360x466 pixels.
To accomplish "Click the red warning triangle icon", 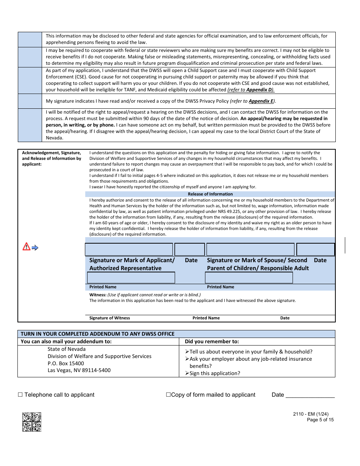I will (x=26, y=247).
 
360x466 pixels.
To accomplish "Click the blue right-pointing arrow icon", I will (x=35, y=248).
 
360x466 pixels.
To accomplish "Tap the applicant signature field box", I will (x=129, y=249).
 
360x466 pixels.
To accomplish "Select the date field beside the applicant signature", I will (x=189, y=249).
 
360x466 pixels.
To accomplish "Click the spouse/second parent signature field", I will (x=250, y=249).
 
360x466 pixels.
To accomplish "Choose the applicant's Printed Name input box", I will (x=131, y=278).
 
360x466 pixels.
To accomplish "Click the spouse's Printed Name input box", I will (x=249, y=278).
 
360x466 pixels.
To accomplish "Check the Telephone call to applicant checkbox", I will (x=20, y=395).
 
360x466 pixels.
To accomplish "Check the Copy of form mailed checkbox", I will (x=168, y=395).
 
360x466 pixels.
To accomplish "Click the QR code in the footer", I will (x=32, y=422).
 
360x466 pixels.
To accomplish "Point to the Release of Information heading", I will (x=210, y=194).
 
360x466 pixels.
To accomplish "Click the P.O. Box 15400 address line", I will (x=66, y=363).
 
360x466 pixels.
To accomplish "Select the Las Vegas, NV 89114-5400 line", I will (x=79, y=370).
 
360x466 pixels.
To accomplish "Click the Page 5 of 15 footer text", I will (x=320, y=420).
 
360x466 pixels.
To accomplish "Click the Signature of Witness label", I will (x=110, y=318).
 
